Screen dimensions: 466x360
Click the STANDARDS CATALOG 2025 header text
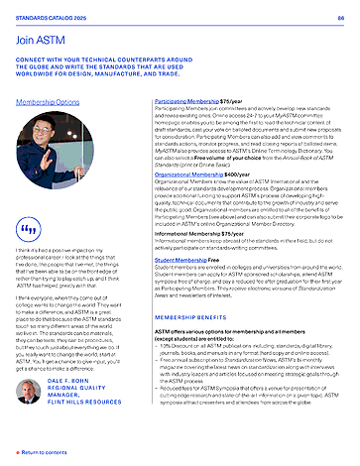48,17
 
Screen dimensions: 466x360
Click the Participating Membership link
190,102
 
